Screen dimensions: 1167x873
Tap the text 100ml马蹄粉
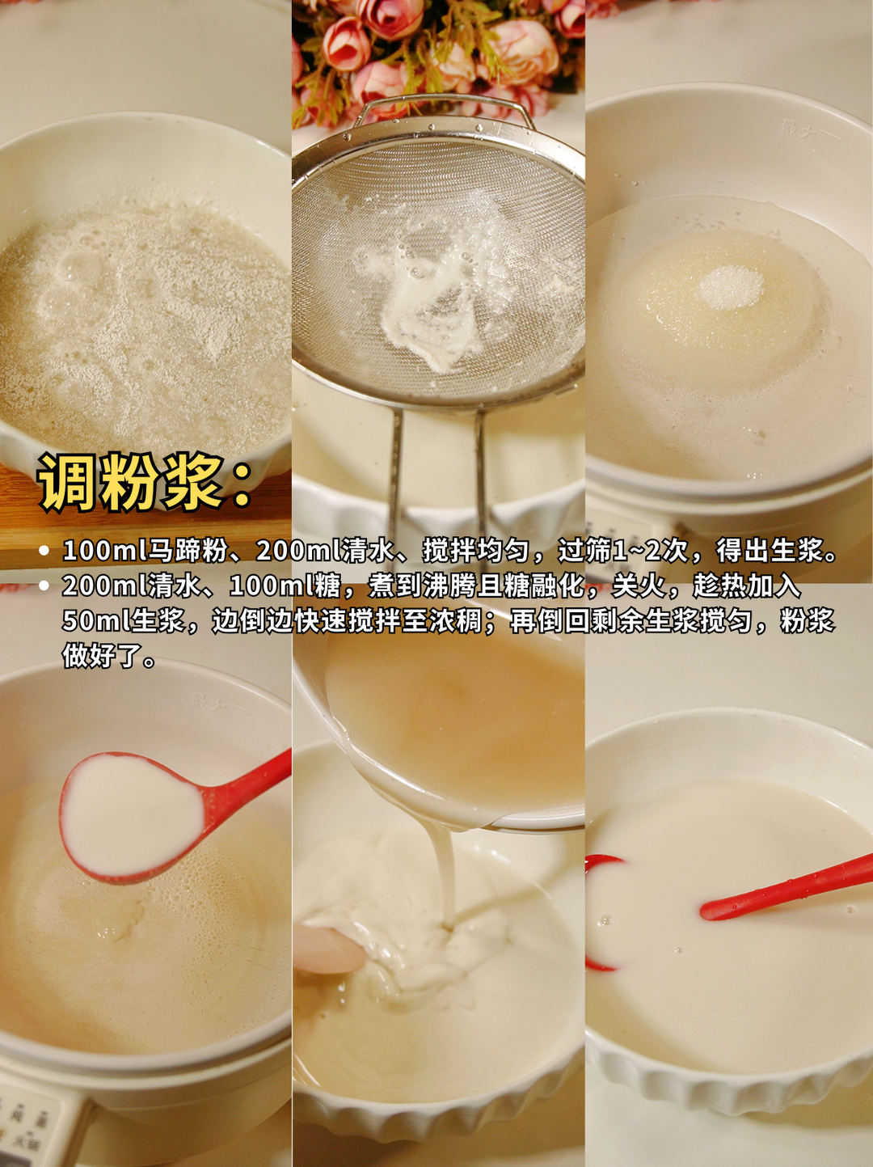(x=145, y=551)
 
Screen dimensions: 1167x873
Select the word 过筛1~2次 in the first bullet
(x=622, y=551)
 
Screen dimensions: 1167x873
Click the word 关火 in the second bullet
(x=639, y=586)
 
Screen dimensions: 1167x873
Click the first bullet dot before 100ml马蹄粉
(x=44, y=552)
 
